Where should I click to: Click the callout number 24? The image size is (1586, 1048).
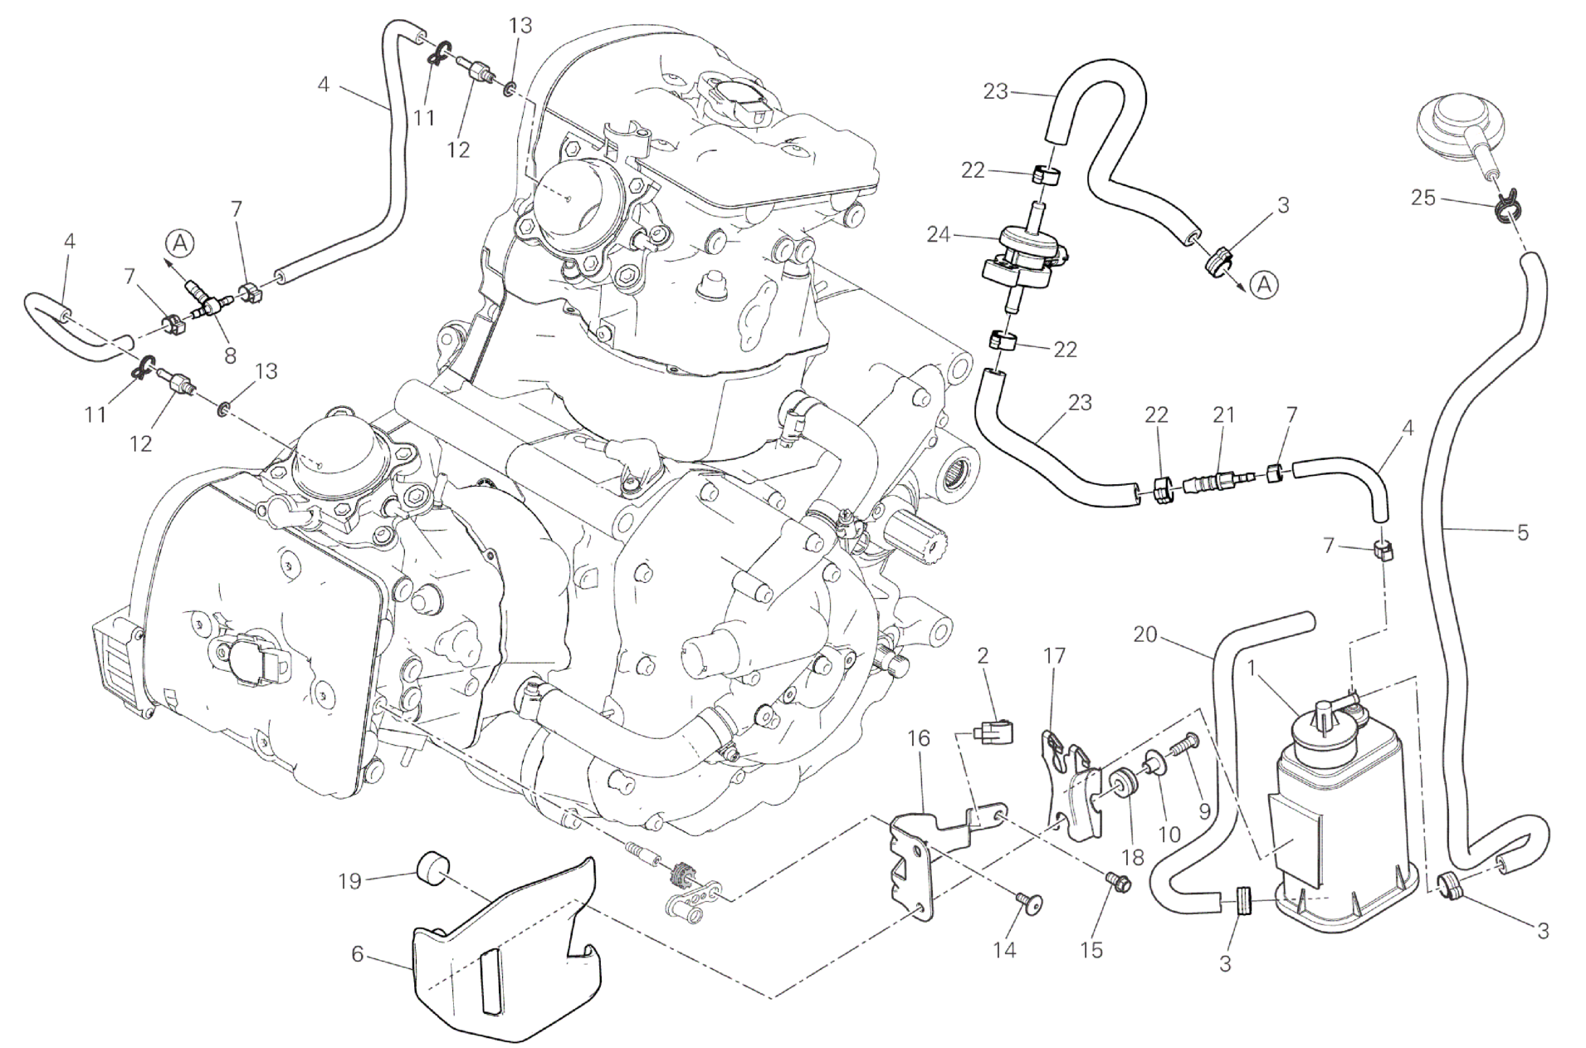[939, 235]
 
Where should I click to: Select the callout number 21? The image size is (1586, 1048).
[1224, 414]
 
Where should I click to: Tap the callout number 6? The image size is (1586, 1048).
[357, 954]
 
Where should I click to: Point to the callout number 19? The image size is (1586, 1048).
[349, 880]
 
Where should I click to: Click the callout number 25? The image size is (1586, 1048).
[1423, 198]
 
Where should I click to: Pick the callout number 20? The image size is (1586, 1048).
[1144, 634]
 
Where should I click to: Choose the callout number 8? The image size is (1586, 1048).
[230, 355]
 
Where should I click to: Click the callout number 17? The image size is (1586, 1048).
[1054, 656]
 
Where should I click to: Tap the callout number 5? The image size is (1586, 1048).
[1522, 531]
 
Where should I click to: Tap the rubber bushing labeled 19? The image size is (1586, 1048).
[431, 869]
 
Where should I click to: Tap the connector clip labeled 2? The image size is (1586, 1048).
[992, 732]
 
